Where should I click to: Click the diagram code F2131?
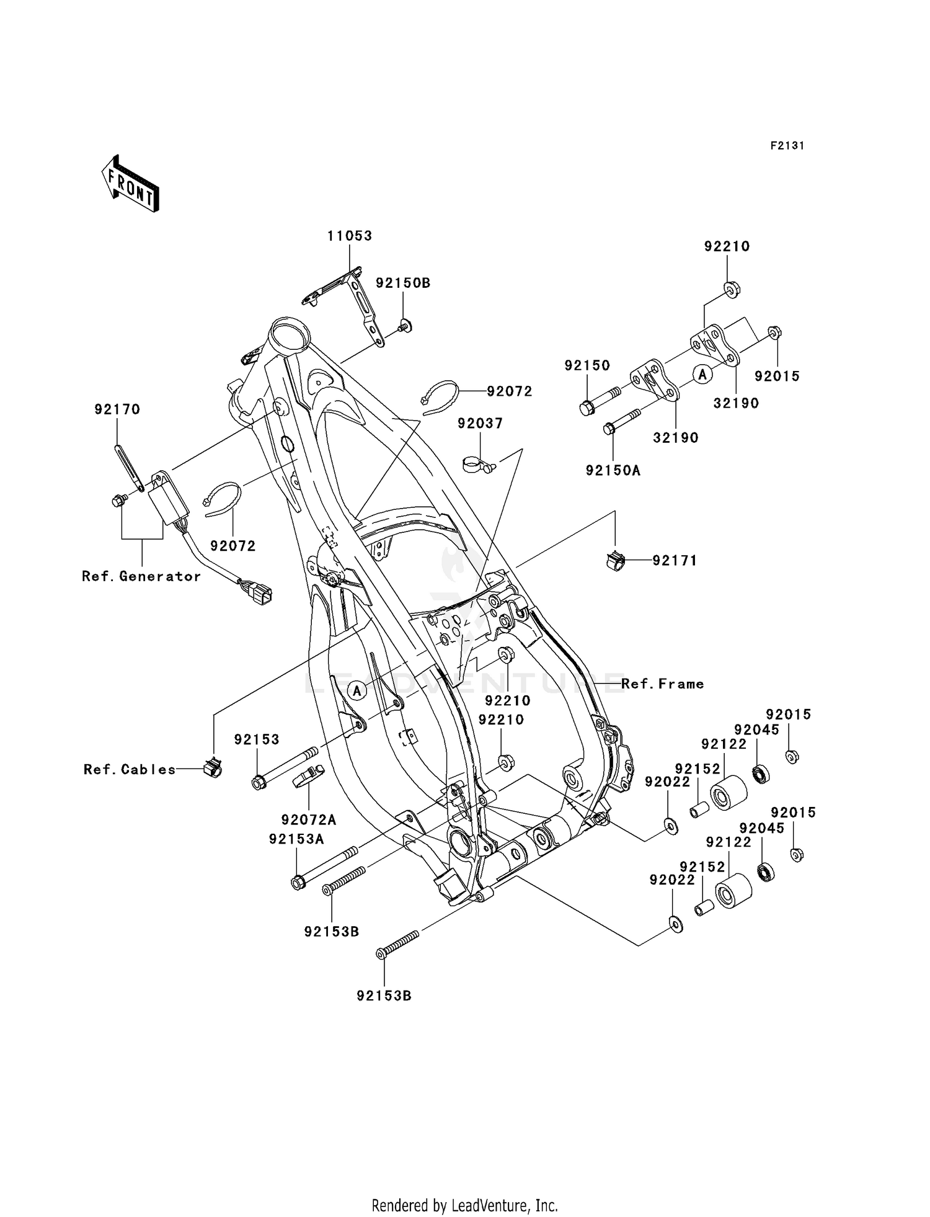787,146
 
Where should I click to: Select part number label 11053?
350,236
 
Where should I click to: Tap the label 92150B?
403,283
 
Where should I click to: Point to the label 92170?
117,409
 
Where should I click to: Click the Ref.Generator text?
141,576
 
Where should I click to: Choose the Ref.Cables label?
130,769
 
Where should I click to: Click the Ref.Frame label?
662,684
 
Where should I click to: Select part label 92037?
480,423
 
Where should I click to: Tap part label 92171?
675,561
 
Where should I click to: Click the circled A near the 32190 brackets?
702,374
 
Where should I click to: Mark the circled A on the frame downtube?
357,689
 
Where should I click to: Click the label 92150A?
613,470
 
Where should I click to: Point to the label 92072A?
308,819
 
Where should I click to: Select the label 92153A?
296,839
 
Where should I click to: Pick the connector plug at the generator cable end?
260,592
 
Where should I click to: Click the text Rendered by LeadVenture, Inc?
464,1205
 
